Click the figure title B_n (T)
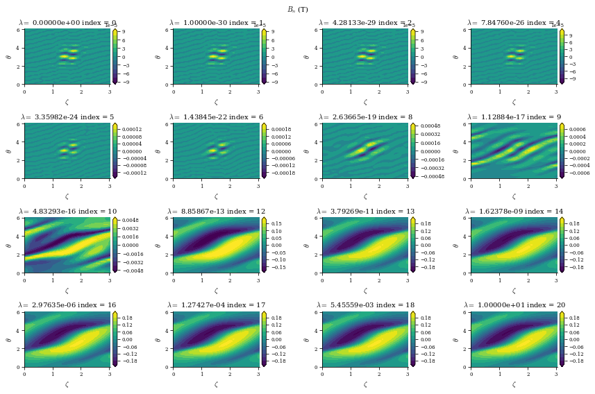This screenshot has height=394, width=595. pyautogui.click(x=297, y=9)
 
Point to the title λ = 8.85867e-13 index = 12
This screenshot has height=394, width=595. pyautogui.click(x=216, y=211)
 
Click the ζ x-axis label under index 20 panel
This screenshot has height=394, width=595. pyautogui.click(x=514, y=384)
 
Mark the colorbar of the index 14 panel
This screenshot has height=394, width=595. pyautogui.click(x=562, y=245)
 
